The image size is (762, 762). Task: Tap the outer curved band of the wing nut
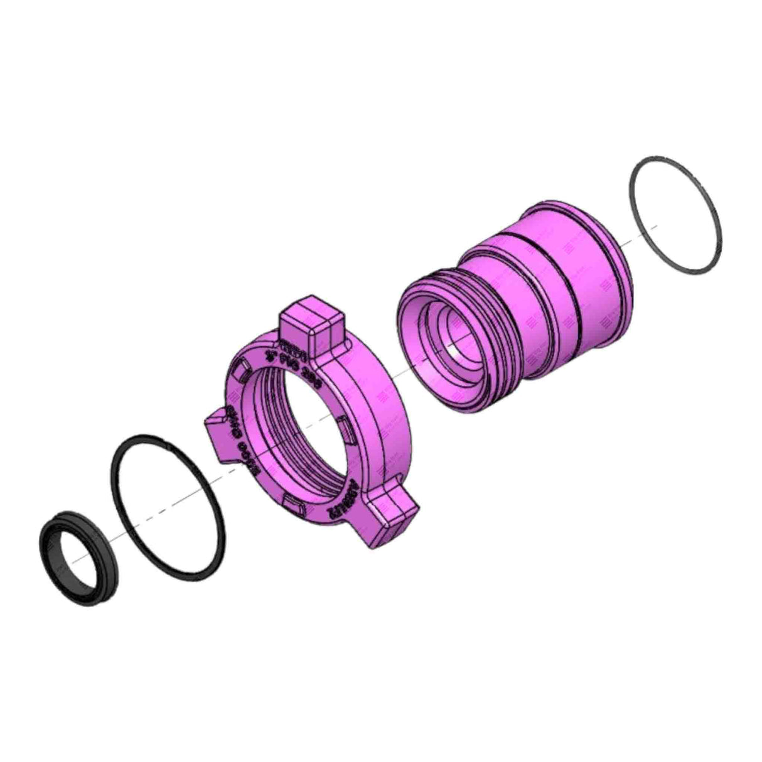[377, 402]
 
